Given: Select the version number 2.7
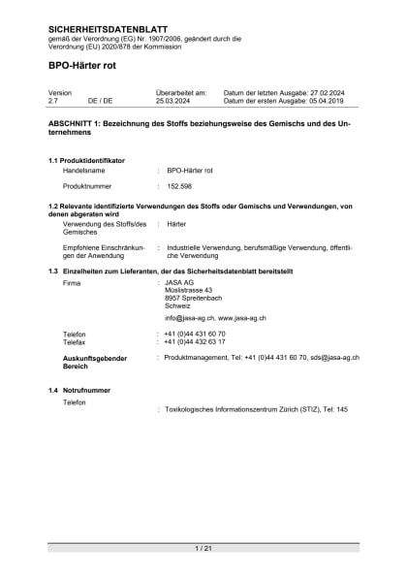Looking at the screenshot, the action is click(54, 100).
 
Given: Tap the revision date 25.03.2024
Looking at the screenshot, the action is click(175, 100).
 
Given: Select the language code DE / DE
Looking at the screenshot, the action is click(100, 100).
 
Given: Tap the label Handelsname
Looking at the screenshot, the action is click(83, 170).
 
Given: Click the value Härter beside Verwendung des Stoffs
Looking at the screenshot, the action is click(176, 223).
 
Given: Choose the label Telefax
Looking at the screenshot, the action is click(75, 341).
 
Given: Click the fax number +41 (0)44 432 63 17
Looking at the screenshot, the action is click(195, 341).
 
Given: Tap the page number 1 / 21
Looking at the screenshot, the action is click(203, 549).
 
